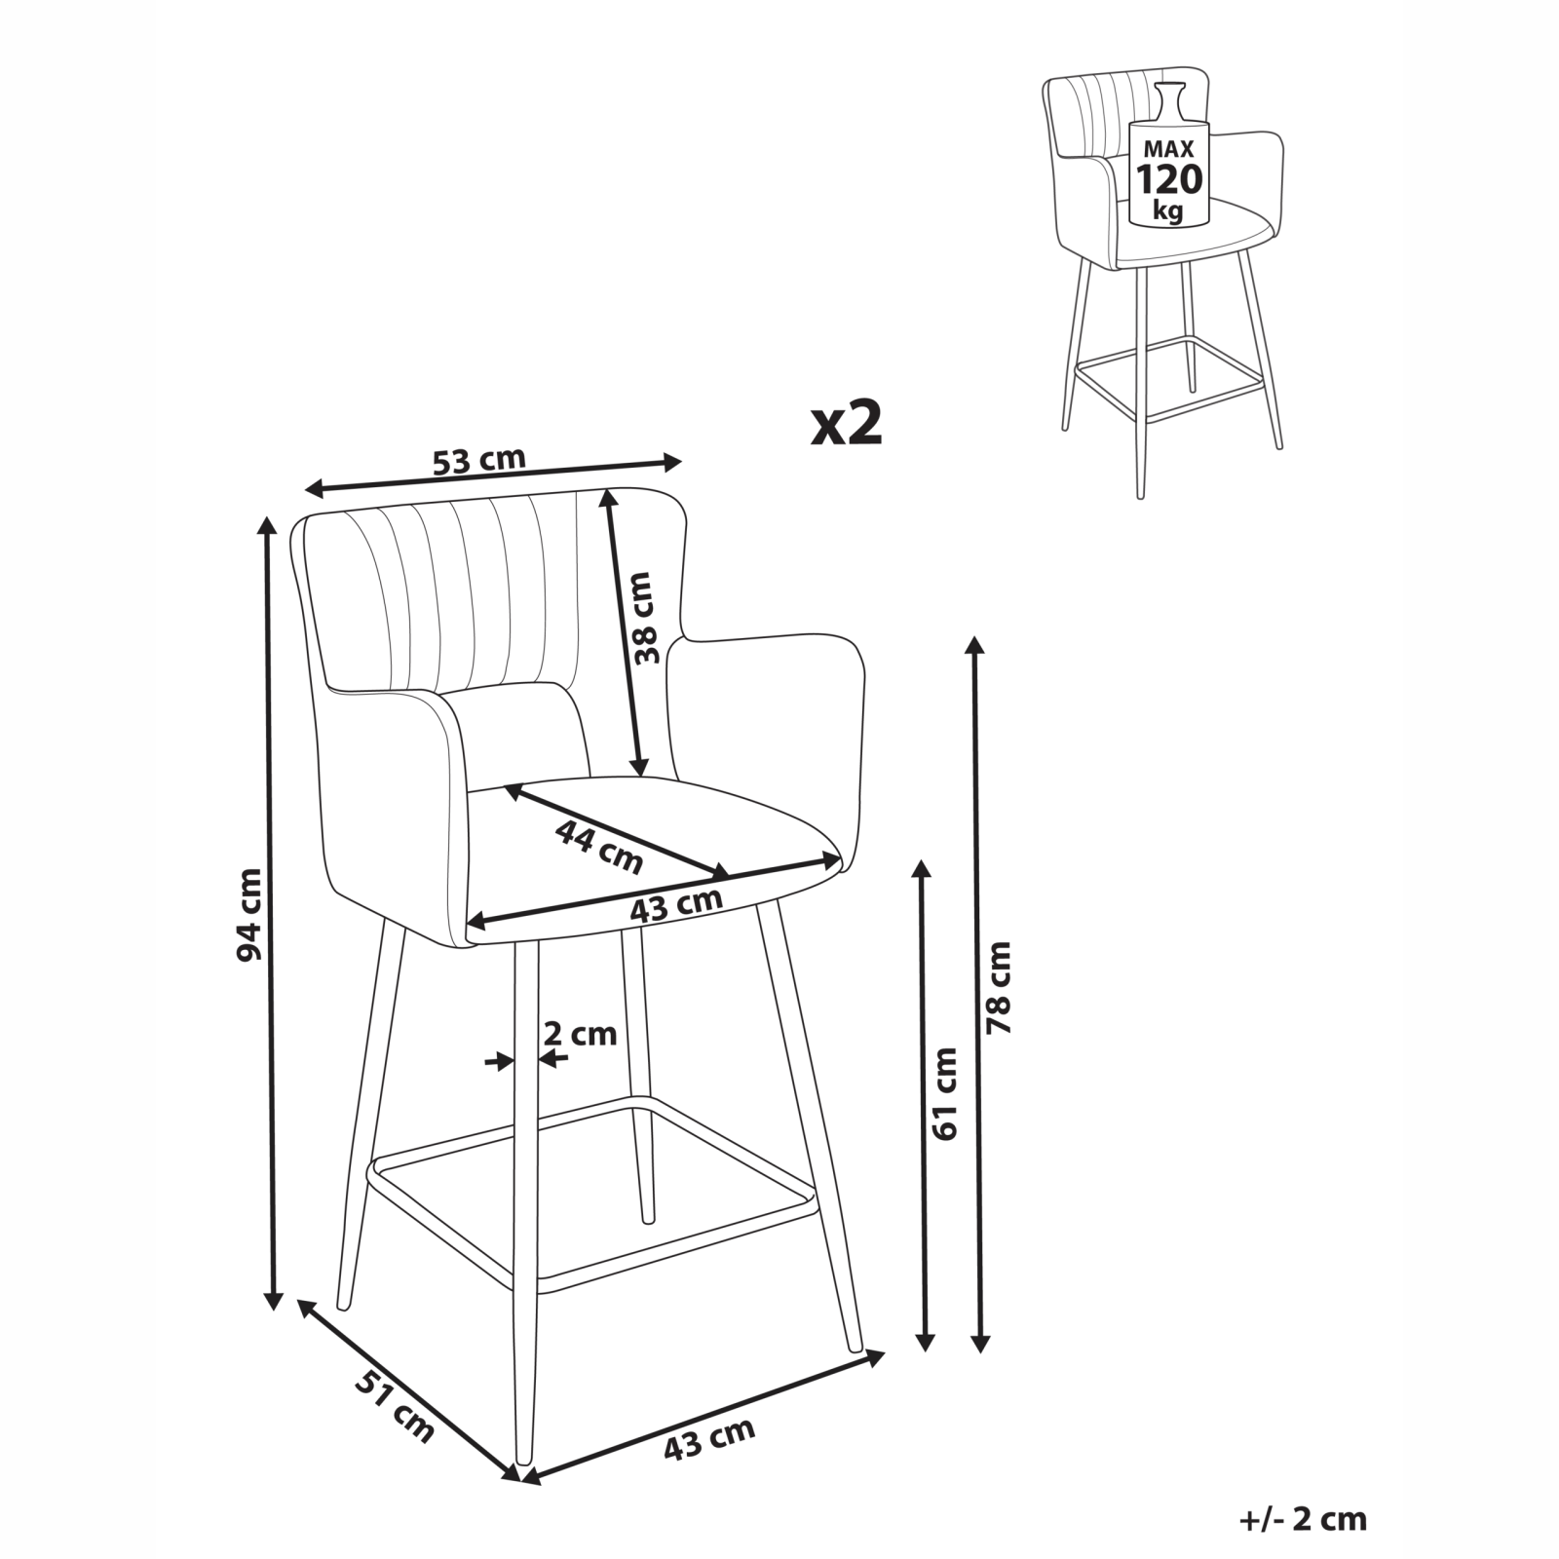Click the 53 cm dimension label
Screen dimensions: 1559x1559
pos(479,460)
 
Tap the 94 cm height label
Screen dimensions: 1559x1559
pos(250,913)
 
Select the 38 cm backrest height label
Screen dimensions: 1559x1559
pos(645,618)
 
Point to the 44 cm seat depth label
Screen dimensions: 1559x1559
pos(599,846)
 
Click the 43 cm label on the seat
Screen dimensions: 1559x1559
pos(676,905)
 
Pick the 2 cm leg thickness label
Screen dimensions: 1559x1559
pos(580,1033)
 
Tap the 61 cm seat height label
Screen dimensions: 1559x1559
pos(945,1093)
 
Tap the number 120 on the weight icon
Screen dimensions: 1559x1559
pos(1170,179)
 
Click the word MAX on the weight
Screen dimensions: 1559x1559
pos(1170,149)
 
